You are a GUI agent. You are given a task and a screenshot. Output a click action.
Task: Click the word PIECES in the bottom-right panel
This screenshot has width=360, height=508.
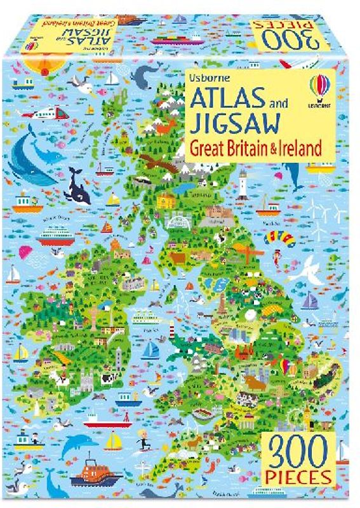[298, 476]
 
